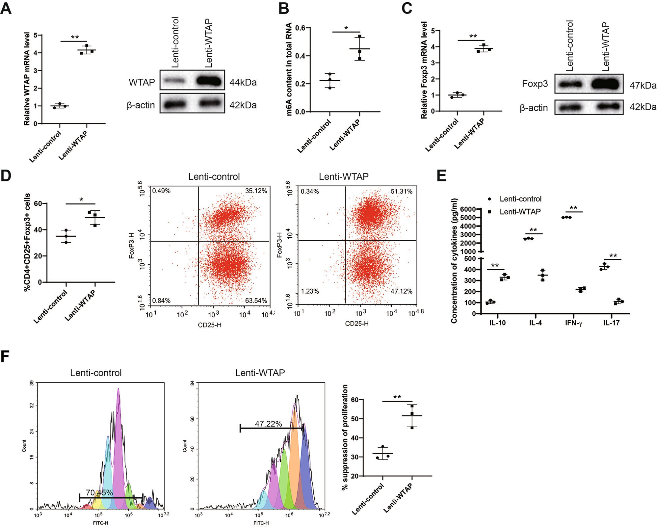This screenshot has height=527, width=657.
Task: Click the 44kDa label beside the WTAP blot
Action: (x=243, y=82)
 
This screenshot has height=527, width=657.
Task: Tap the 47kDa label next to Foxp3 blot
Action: (x=643, y=86)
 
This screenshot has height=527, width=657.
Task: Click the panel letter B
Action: (x=284, y=9)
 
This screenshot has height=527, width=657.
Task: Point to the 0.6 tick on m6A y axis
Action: (x=300, y=28)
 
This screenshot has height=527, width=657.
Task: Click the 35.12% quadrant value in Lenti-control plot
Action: (x=256, y=191)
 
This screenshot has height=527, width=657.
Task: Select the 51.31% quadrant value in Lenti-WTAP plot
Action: (x=401, y=192)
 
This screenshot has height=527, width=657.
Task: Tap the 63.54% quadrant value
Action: (x=256, y=301)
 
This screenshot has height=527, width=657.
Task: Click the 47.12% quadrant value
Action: (x=401, y=291)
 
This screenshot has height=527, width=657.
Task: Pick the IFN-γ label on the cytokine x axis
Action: (x=573, y=323)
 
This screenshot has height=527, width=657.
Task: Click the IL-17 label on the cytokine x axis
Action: (x=611, y=323)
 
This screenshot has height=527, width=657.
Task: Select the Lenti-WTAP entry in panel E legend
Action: (x=520, y=212)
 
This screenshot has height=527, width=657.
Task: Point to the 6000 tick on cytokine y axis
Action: (x=468, y=209)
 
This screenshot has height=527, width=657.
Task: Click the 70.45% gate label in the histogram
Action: (x=99, y=492)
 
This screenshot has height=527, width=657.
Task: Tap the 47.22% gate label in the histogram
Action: (x=268, y=424)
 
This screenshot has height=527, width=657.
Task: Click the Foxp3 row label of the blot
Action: (x=535, y=84)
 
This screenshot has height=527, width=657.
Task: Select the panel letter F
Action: (x=5, y=356)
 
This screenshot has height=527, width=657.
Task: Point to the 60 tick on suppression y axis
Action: (x=355, y=400)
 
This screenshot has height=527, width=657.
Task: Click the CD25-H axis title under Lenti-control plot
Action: (x=209, y=325)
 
